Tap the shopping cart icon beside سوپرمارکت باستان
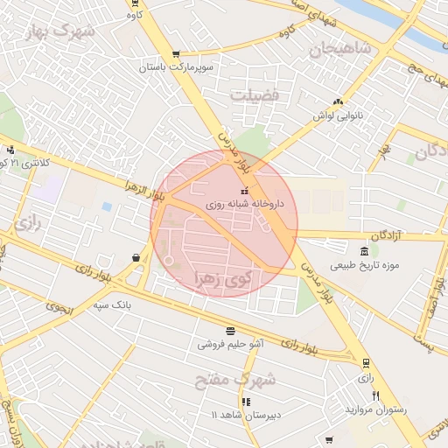177,54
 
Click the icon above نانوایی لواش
338,102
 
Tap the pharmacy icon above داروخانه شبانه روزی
244,191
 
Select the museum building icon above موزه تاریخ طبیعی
363,252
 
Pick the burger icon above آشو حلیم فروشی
230,331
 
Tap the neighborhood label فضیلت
255,94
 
